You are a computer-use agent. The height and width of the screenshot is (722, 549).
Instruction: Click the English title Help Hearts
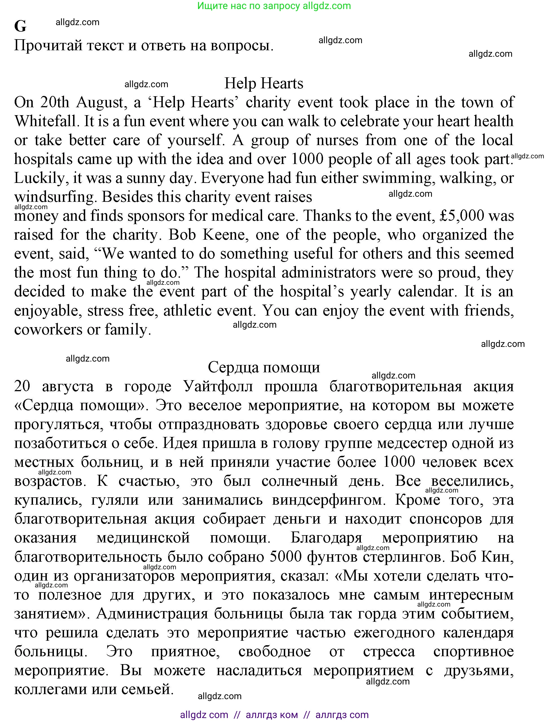coord(264,83)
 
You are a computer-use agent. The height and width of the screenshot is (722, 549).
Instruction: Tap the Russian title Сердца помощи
coord(264,367)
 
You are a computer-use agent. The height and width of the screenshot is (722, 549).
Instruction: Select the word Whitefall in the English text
coord(46,121)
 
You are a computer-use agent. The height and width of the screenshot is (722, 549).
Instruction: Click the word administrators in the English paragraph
coord(328,273)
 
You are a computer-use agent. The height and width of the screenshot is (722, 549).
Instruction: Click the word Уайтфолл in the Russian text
coord(218,386)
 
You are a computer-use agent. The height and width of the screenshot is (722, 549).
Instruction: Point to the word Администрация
coord(152,614)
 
